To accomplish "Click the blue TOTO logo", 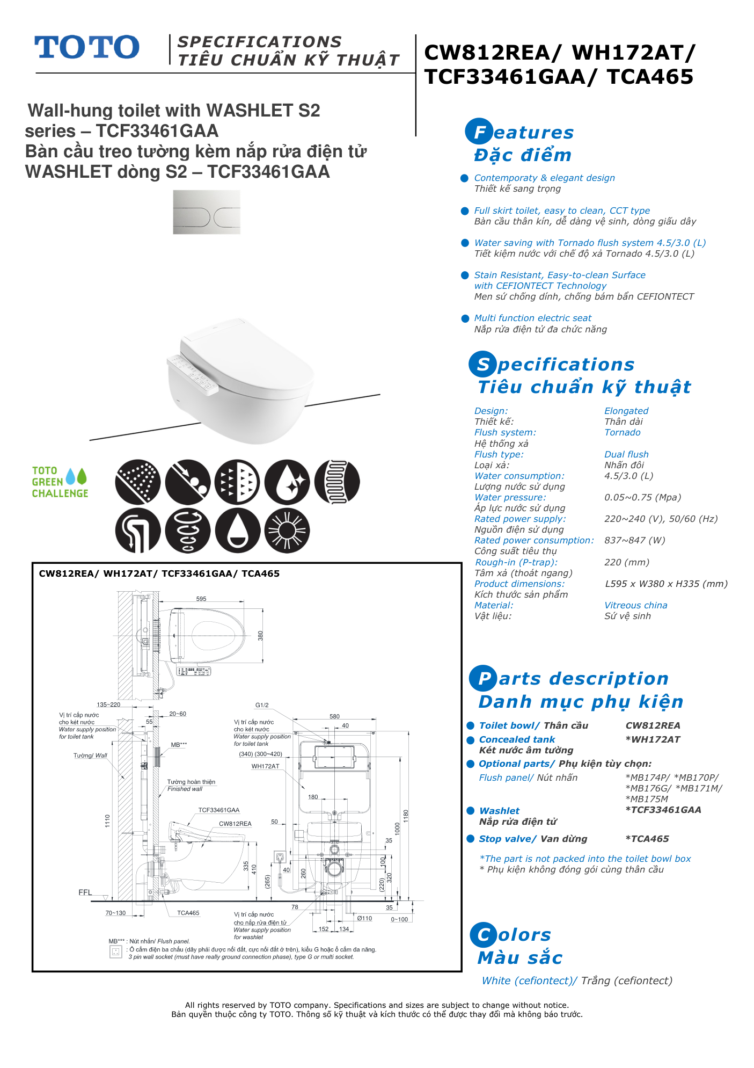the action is (87, 47).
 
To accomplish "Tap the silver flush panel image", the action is (207, 212).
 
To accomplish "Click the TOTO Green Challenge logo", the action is (60, 482).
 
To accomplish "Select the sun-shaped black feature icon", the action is (287, 531).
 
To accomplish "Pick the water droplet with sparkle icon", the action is (287, 482).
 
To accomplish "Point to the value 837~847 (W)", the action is (635, 540).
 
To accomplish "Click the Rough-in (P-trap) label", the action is (516, 562).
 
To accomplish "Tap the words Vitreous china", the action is (636, 605).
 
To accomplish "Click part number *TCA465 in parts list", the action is (647, 839).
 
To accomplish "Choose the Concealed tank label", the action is (517, 739).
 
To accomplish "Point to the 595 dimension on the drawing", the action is (201, 599).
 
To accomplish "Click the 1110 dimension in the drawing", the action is (107, 820).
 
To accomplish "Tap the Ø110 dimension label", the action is (365, 918).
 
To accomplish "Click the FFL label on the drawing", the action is (85, 892).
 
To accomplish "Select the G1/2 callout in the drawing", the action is (262, 705).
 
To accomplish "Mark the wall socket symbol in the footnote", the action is (115, 952).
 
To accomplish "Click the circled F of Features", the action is (479, 132).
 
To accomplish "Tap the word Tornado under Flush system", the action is (623, 432).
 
